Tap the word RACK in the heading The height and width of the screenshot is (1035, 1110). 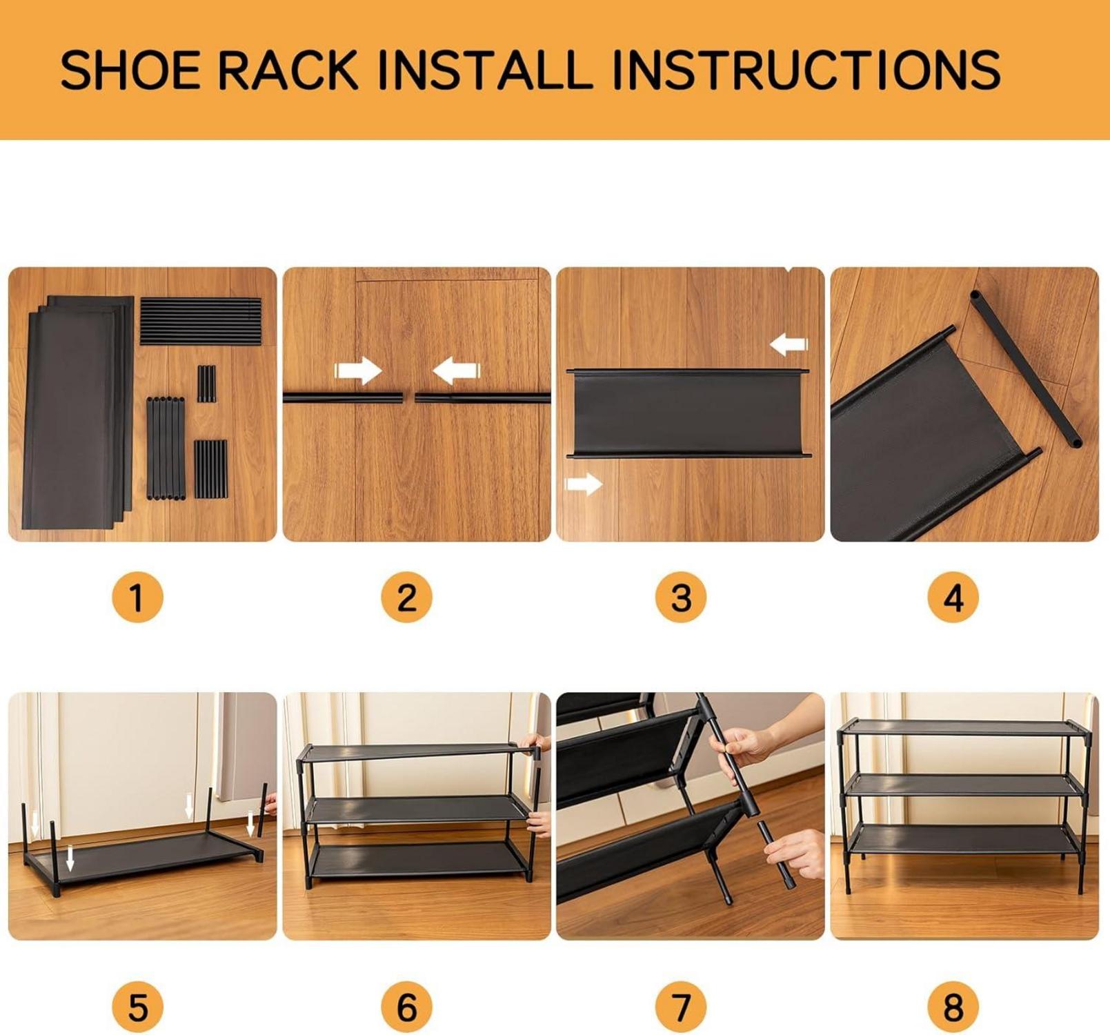tap(289, 69)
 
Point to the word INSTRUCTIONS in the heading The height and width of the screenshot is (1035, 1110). tap(805, 69)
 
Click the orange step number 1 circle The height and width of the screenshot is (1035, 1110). tap(137, 598)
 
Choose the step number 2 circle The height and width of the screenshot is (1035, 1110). tap(406, 598)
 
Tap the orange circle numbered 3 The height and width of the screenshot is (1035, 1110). tap(681, 598)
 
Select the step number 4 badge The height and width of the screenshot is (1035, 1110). tap(953, 598)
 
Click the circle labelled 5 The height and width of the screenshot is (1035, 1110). tap(137, 1007)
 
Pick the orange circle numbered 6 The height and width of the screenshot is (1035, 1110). tap(406, 1007)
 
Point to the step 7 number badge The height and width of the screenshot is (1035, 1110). tap(681, 1007)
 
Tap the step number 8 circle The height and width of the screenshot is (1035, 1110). tap(953, 1007)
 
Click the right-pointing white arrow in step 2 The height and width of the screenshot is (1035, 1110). tap(358, 371)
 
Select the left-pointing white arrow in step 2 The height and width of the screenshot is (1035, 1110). tap(456, 371)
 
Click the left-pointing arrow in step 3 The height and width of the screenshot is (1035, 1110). tap(789, 344)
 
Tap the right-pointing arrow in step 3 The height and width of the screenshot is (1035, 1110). tap(584, 484)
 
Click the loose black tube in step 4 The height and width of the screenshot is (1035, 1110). tap(1025, 368)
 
